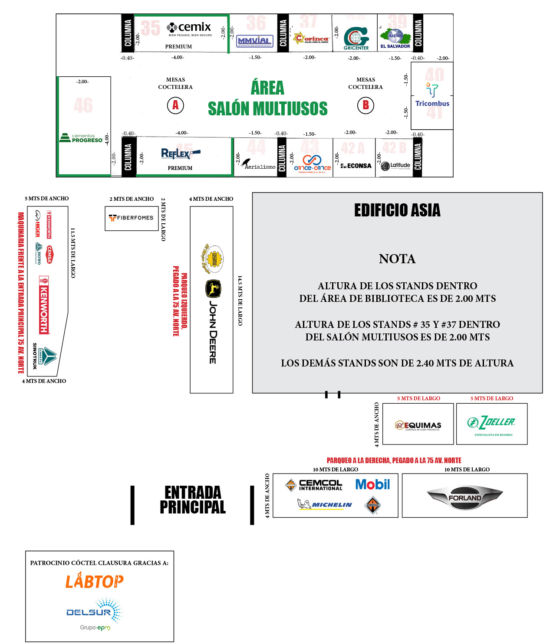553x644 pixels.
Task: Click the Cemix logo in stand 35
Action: (x=189, y=28)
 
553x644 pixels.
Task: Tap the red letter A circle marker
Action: (x=175, y=105)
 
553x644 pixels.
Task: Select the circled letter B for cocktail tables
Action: (x=365, y=105)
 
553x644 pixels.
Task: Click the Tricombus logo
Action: (x=432, y=95)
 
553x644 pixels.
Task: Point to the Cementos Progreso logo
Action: (x=82, y=138)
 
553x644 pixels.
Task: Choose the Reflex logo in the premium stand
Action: (x=180, y=154)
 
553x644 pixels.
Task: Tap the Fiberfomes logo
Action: (x=131, y=218)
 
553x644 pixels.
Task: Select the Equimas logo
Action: (x=418, y=425)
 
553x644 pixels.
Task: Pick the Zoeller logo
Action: (x=491, y=423)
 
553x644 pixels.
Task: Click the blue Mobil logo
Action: (x=372, y=484)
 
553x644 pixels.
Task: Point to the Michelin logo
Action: (x=325, y=504)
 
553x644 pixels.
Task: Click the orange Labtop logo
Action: (x=94, y=581)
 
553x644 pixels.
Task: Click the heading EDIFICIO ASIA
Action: (x=397, y=210)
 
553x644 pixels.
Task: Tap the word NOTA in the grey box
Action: (x=397, y=259)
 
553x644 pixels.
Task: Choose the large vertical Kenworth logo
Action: (x=44, y=305)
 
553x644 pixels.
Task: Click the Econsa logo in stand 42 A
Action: (x=356, y=166)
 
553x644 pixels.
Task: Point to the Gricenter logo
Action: (x=356, y=38)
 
